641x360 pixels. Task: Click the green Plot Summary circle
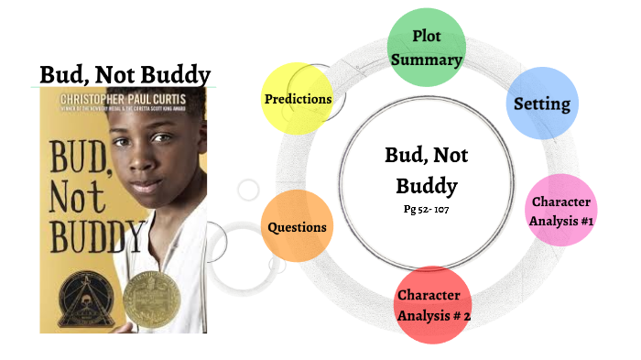[x=426, y=49]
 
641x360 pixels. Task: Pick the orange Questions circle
[x=297, y=226]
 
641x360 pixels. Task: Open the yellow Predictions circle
[x=298, y=98]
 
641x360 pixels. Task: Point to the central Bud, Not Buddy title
[x=420, y=170]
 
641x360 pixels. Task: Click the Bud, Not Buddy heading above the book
[x=125, y=74]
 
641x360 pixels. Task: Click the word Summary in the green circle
[x=426, y=60]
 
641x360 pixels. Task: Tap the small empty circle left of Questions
[x=248, y=190]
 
